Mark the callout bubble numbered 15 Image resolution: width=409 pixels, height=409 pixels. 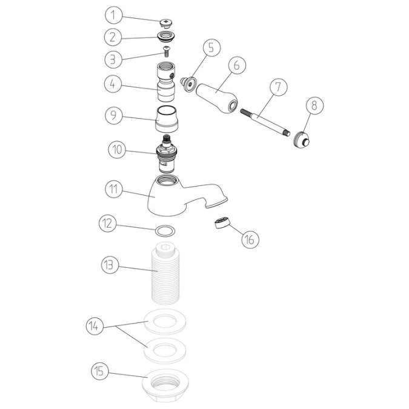pos(99,370)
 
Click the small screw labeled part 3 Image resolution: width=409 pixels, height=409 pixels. pos(167,54)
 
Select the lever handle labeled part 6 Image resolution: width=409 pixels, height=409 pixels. pos(219,99)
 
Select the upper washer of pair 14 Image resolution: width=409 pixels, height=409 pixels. pos(164,322)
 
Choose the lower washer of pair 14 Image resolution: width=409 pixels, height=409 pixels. pos(164,350)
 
